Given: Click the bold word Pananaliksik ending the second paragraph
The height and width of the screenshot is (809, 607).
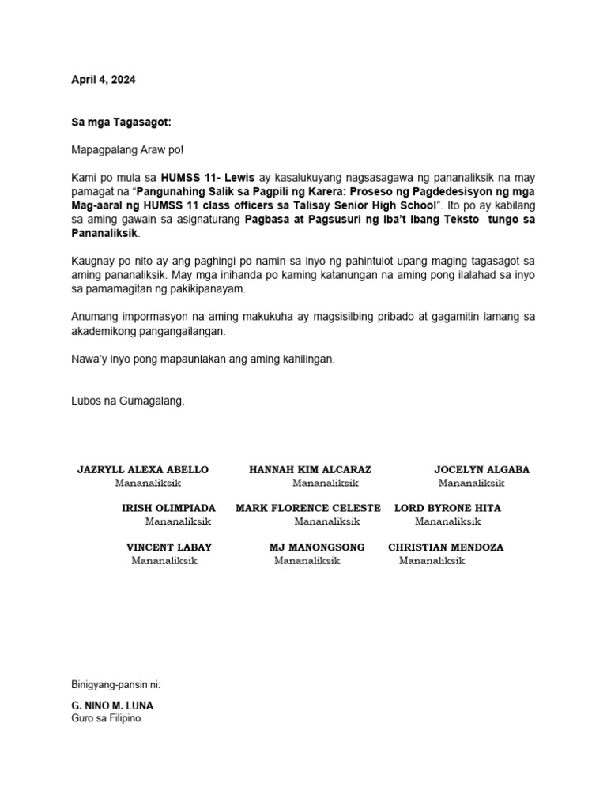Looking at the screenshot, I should coord(105,234).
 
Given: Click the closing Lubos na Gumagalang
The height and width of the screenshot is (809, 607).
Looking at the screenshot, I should coord(128,401).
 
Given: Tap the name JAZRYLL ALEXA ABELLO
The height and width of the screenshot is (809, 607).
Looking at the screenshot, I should coord(143,469).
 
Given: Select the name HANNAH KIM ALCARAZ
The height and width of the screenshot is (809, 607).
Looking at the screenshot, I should coord(310,469).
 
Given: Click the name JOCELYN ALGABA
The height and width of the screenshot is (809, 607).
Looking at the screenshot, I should coord(481,469).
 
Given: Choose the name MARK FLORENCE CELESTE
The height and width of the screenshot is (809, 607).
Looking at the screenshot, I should coord(308,508).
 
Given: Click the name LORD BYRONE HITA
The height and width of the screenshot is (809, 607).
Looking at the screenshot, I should coord(447,508).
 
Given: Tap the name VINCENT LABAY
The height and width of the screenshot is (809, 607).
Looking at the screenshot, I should coord(169,547).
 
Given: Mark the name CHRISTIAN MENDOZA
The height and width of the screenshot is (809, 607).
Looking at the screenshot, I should coord(446,547).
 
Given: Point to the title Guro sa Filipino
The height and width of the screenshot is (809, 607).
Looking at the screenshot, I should coord(106,719).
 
